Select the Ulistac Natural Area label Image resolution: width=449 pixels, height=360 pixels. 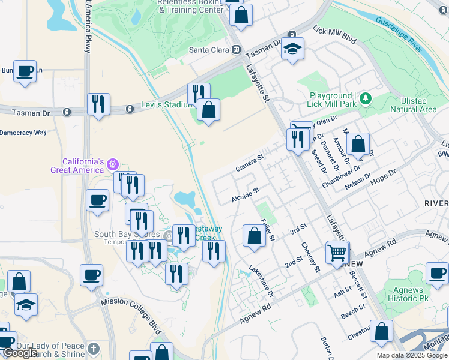[413, 105]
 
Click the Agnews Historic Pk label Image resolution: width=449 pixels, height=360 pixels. [405, 294]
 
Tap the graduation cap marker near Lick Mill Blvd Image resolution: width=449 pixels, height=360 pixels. [292, 49]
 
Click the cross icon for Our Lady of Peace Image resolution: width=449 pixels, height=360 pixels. [93, 349]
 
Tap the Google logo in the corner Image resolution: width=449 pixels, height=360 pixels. [20, 353]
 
